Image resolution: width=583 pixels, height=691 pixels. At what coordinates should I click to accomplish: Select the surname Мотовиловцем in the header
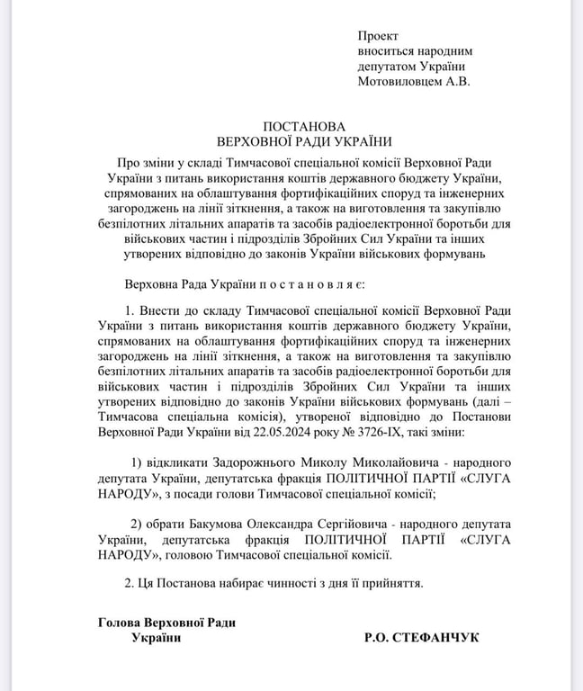[399, 81]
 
